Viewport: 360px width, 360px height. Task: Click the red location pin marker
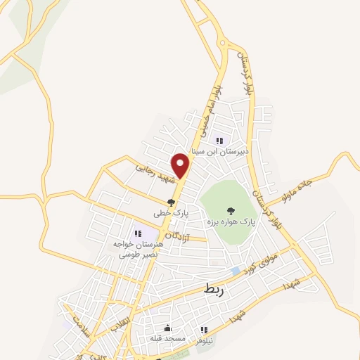(181, 165)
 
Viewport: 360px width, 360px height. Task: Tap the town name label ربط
(213, 288)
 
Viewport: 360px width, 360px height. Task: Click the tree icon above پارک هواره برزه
(230, 210)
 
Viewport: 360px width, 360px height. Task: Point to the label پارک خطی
(172, 213)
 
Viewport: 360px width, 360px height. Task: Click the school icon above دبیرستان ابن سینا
(219, 141)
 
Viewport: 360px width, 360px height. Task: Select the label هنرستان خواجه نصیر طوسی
(139, 248)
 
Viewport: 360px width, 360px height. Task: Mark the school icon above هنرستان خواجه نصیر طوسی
(138, 233)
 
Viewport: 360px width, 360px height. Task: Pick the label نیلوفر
(204, 340)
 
